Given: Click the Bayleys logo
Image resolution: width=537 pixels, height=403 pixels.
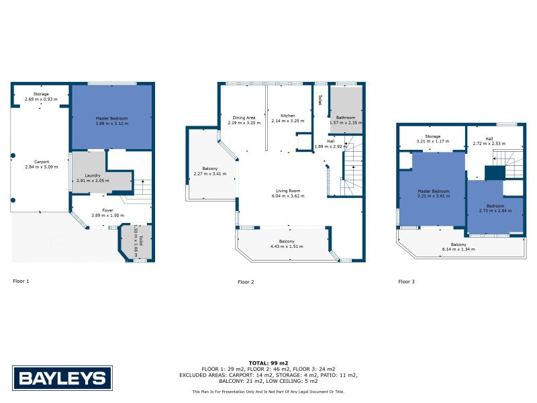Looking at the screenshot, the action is tap(62, 378).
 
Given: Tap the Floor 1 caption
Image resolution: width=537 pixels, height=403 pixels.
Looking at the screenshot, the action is tap(21, 281).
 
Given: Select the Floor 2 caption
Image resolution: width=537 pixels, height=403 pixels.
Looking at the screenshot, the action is tap(246, 282).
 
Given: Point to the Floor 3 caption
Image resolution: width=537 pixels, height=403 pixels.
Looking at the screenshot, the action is tap(407, 281).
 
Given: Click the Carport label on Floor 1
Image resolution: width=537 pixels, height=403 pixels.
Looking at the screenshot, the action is tap(42, 162).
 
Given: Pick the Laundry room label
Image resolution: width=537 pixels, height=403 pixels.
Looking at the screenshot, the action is tap(93, 175).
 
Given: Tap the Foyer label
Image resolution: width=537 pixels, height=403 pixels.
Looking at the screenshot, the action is tap(107, 210).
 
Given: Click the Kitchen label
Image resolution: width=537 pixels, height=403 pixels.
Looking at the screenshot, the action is tap(288, 116).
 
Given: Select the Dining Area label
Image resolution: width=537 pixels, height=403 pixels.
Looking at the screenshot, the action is tap(244, 118).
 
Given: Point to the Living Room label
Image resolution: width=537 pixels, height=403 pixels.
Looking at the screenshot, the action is tap(288, 191).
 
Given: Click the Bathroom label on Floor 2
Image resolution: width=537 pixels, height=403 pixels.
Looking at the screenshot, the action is tap(346, 118).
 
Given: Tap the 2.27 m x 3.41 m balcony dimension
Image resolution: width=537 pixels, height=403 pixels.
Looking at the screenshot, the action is tap(210, 174).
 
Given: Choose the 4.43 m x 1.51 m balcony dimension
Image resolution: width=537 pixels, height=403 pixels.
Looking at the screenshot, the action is tap(287, 247).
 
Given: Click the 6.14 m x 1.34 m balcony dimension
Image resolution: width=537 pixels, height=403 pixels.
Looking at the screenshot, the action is tap(458, 249).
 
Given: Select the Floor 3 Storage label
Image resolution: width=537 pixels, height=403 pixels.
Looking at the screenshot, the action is tap(432, 136).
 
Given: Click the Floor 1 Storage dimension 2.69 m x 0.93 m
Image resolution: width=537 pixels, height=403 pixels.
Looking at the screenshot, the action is tap(41, 99).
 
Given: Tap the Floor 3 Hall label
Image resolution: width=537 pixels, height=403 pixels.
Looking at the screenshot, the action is tap(489, 139).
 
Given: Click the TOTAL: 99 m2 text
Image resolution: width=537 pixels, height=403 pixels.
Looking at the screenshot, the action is tap(268, 363).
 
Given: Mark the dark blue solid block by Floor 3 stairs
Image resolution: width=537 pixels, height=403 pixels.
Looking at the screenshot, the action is tap(495, 173).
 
